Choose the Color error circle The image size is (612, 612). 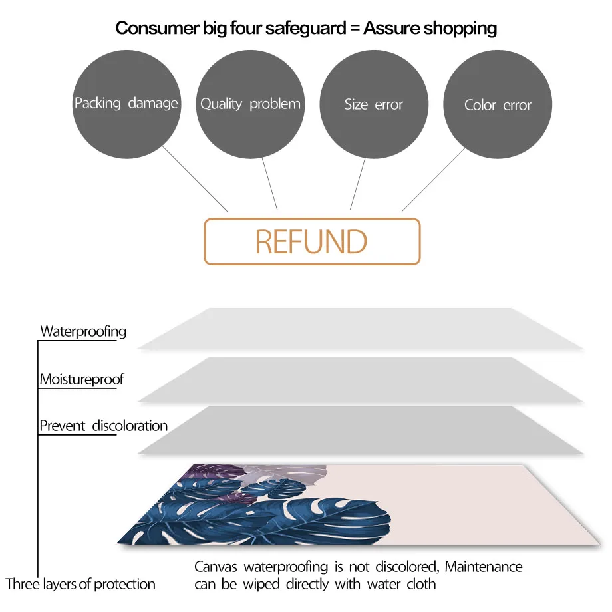click(498, 104)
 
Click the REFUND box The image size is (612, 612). click(312, 241)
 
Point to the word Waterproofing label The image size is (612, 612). click(83, 331)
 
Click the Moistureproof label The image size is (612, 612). click(81, 380)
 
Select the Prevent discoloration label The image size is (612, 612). click(103, 426)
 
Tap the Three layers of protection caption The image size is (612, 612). click(80, 585)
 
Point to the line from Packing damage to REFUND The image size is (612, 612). click(195, 179)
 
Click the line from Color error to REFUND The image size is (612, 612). click(433, 180)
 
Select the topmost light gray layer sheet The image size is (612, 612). click(359, 329)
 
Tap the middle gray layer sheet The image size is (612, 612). click(359, 379)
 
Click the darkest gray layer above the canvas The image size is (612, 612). click(359, 430)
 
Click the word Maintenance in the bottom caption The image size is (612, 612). click(484, 567)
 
